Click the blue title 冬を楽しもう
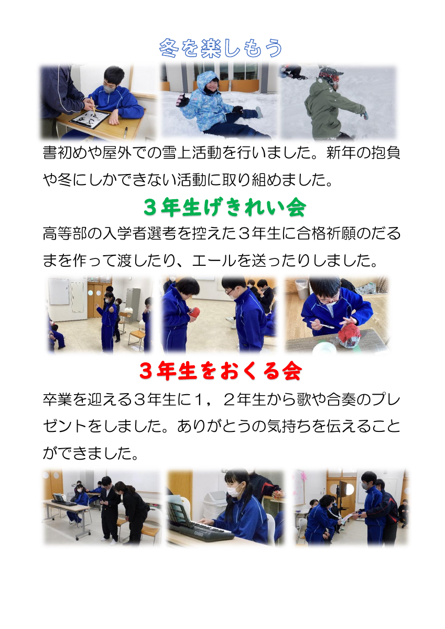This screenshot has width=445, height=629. [221, 49]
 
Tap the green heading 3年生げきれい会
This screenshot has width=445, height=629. [224, 208]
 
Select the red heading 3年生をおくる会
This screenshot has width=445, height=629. [221, 372]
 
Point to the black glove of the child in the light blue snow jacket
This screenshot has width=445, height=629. [183, 99]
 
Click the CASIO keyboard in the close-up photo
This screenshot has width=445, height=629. [206, 532]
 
